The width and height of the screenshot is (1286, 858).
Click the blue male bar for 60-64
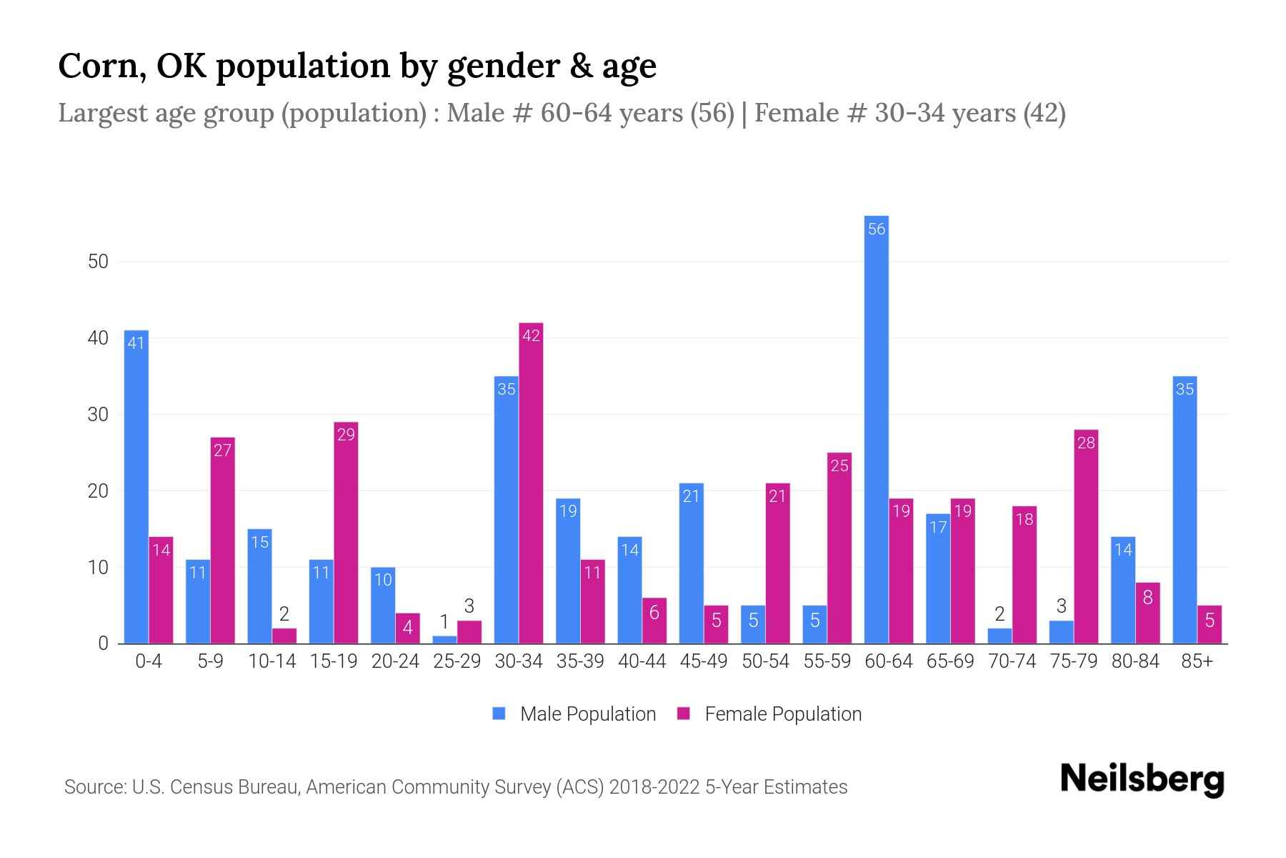(876, 429)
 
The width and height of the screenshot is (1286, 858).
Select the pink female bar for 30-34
(531, 483)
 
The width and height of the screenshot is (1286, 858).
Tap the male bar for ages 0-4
(136, 487)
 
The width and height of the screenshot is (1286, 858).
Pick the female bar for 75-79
(1085, 536)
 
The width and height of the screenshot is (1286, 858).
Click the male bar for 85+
(1185, 510)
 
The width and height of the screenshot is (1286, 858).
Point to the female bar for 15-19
(346, 533)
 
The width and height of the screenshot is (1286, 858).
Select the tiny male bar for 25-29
(444, 640)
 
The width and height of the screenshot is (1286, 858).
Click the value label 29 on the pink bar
(346, 435)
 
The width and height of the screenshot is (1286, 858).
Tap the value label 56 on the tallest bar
(876, 230)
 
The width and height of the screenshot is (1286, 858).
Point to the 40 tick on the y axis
(98, 338)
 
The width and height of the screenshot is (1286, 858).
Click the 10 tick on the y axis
(98, 568)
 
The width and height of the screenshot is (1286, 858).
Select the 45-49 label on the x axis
(703, 661)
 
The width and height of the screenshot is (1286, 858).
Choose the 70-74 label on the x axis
(1012, 661)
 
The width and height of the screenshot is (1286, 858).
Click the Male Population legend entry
(587, 714)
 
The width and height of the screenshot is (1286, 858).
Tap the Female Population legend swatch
(684, 714)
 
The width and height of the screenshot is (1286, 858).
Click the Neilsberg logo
(1142, 779)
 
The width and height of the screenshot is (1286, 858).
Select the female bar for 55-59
(839, 548)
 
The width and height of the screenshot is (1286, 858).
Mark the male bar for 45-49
(691, 563)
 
